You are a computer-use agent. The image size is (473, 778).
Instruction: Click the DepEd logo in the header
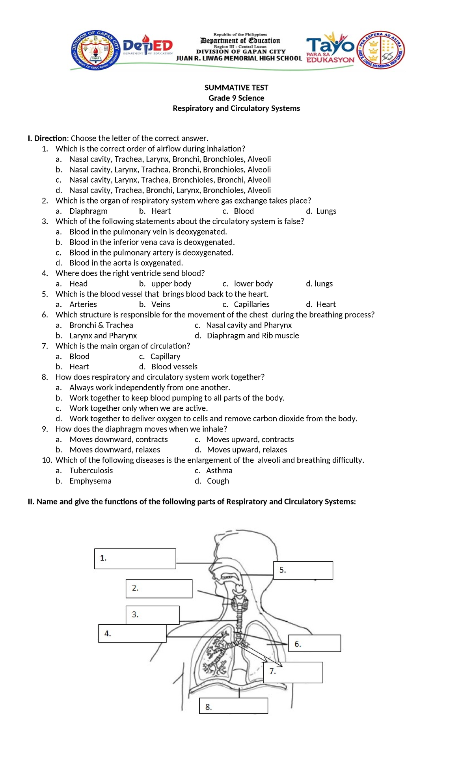148,46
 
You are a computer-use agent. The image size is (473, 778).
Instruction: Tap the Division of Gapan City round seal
95,50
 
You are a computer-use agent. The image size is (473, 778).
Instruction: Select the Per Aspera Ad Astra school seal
381,50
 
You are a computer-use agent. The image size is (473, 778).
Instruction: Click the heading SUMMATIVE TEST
236,87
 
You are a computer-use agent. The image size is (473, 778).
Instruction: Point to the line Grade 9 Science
236,98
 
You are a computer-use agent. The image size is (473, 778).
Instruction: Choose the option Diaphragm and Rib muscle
253,335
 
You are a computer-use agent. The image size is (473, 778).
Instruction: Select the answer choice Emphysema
90,481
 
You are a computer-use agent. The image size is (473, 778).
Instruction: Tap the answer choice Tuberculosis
91,471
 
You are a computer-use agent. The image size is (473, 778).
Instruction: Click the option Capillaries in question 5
251,304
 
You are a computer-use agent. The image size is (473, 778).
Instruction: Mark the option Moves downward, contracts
118,439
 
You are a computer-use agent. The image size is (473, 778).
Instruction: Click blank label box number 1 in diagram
135,559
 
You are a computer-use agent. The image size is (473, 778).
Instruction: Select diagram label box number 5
303,570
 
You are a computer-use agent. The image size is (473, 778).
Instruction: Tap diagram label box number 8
234,706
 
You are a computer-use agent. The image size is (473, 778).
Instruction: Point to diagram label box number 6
315,643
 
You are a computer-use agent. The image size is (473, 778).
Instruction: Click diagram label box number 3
153,615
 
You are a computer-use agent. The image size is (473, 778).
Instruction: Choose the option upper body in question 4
171,283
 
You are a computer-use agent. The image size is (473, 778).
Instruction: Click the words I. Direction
47,138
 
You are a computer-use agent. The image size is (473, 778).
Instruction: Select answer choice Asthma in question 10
219,471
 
